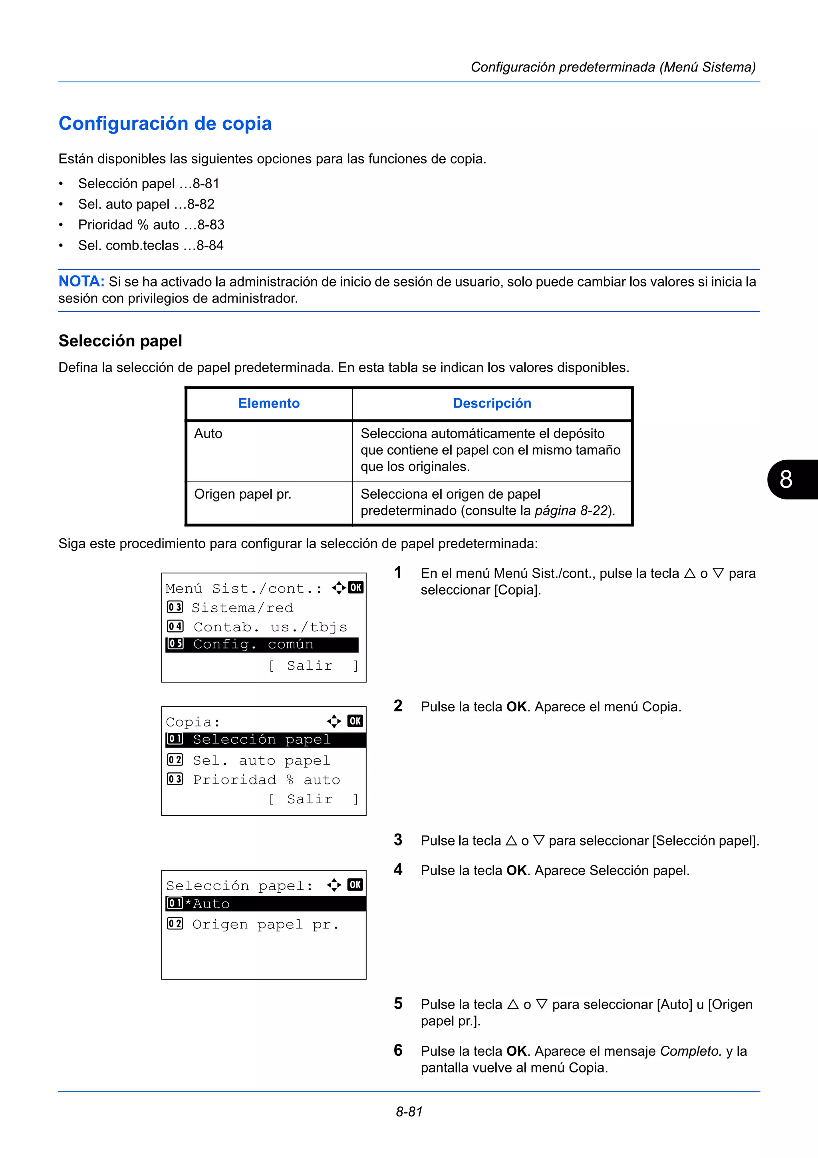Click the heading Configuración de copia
(165, 123)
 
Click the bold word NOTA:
(81, 281)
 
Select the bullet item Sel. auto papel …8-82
(146, 204)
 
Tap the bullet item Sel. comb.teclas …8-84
(151, 246)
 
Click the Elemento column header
(269, 404)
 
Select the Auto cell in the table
(208, 434)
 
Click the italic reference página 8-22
(570, 511)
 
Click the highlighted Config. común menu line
(262, 645)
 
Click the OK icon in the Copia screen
(355, 721)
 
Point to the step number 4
(398, 869)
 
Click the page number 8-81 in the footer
(409, 1112)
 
